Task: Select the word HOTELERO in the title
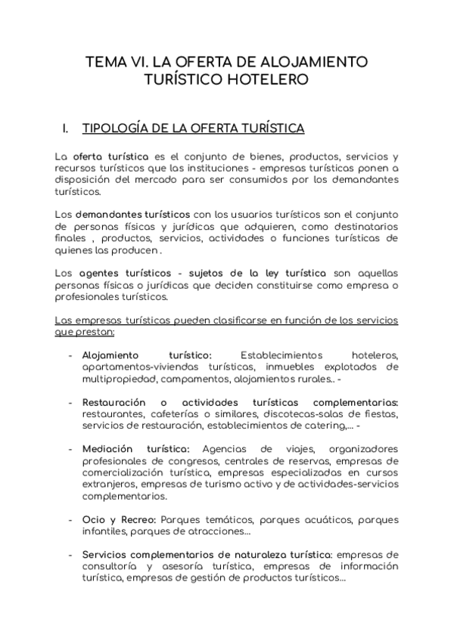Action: pyautogui.click(x=270, y=79)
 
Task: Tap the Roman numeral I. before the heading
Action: pyautogui.click(x=66, y=129)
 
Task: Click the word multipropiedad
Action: pyautogui.click(x=118, y=379)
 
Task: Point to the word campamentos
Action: pyautogui.click(x=193, y=379)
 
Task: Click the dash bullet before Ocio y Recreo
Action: pyautogui.click(x=70, y=520)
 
